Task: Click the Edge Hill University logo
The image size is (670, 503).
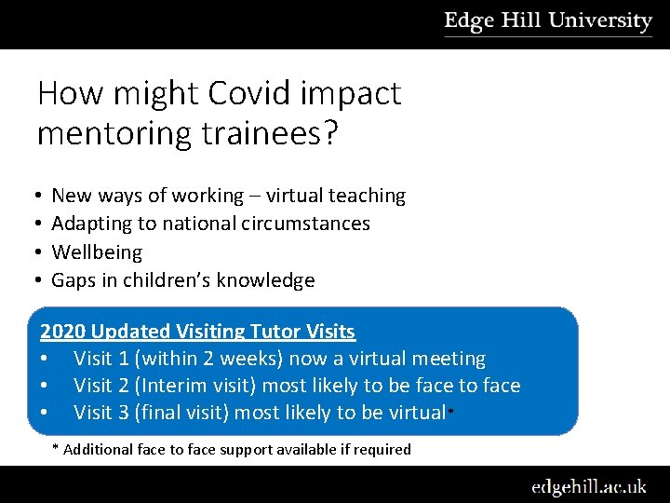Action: click(x=548, y=21)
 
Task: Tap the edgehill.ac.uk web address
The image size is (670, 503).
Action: click(x=588, y=486)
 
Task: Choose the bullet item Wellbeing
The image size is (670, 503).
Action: click(x=97, y=252)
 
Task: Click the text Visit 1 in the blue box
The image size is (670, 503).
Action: click(x=101, y=359)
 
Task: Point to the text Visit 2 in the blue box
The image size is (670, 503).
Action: click(x=101, y=386)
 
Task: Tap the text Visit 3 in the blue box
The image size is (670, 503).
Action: click(x=101, y=413)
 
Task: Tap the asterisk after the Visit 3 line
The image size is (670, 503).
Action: click(x=451, y=411)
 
